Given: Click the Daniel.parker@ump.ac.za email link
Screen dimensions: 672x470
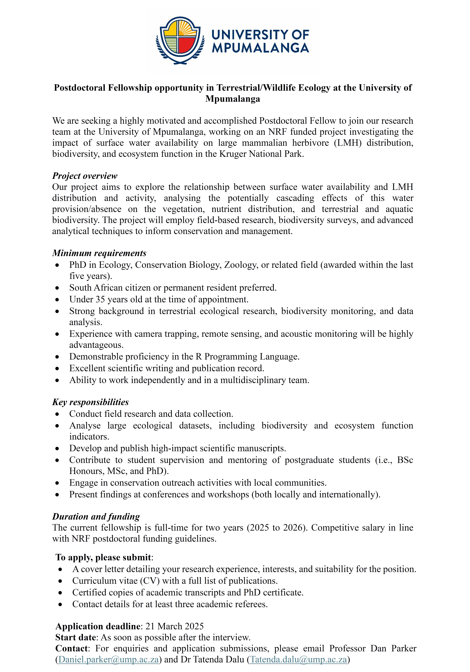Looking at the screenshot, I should (108, 659).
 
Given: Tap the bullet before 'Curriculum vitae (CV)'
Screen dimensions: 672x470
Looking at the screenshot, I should (60, 581).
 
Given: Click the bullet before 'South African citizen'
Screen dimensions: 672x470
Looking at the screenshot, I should (57, 288).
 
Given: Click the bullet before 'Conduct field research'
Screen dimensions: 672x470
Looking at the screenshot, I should (57, 414).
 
